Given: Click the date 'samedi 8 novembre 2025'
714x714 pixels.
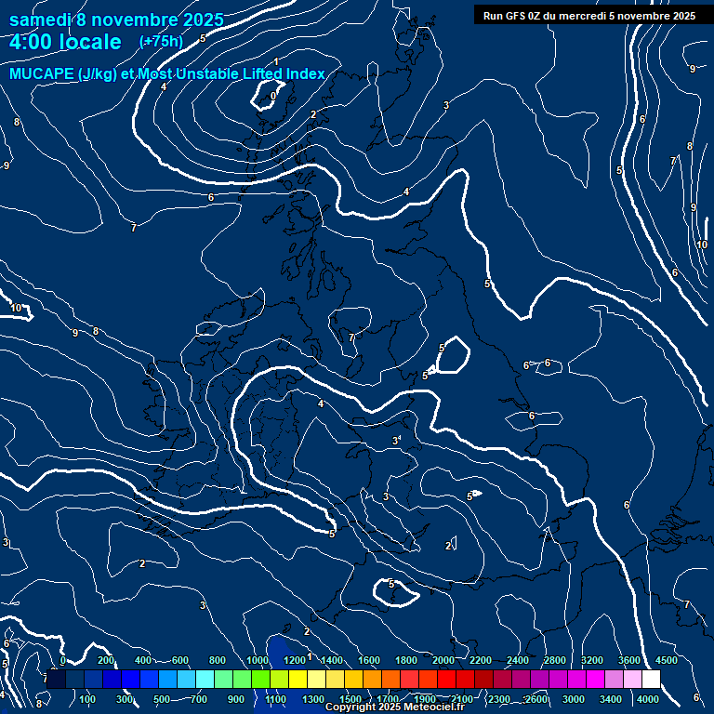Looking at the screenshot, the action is pos(116,20).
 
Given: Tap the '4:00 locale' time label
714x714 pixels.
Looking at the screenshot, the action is pos(65,42).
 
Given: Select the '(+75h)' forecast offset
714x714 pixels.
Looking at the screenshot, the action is pos(161,41).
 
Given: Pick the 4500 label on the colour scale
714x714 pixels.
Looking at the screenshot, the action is pos(667,660).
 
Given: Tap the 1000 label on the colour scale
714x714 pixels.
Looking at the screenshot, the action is pos(258,660).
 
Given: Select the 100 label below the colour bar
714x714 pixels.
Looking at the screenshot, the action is pos(88,699).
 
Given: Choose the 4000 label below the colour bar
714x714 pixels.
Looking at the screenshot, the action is pos(648,699).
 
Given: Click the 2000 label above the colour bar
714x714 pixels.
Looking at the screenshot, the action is pos(443,660).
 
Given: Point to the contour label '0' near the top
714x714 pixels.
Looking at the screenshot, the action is pos(273,96).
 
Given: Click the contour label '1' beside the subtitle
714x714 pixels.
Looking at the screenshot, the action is pos(276,61).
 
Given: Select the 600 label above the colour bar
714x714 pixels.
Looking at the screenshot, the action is pos(180,660).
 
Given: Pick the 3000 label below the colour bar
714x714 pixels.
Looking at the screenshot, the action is pos(574,699).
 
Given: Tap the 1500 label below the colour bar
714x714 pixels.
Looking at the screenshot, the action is pos(350,699).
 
